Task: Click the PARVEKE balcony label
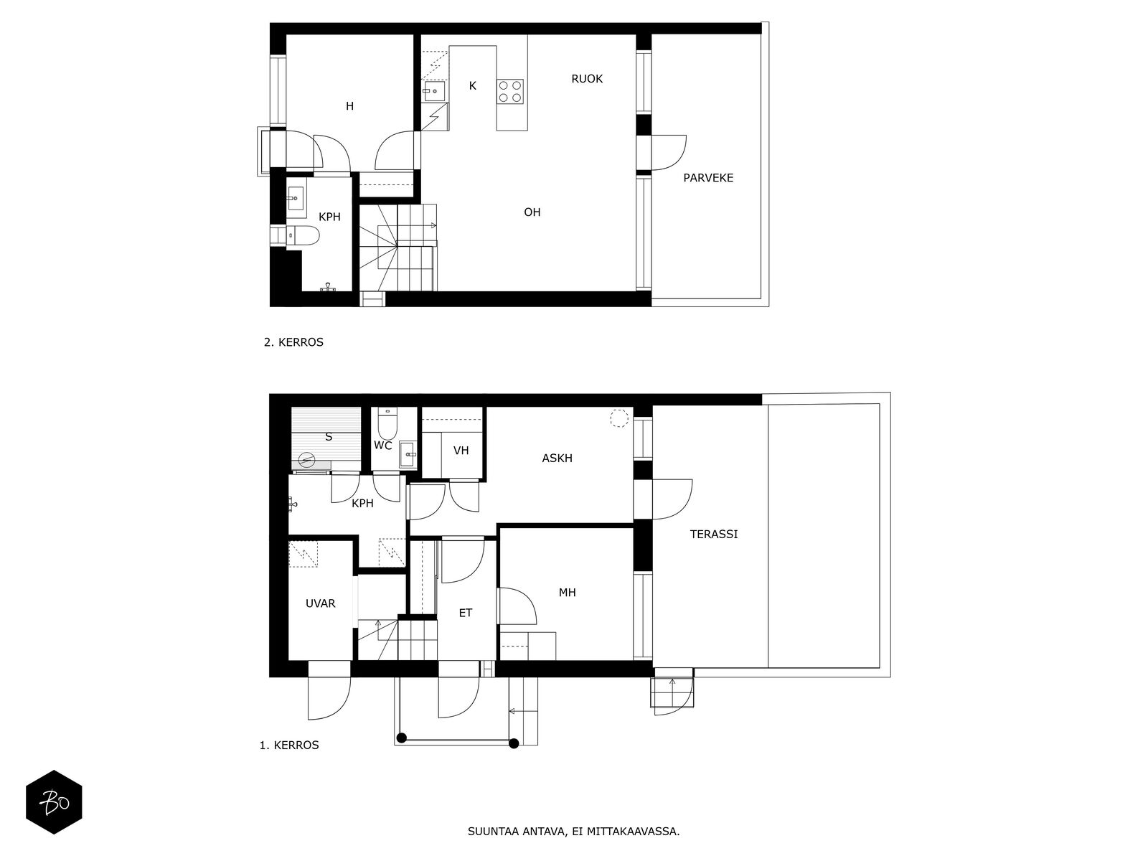[707, 178]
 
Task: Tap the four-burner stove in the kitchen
[509, 91]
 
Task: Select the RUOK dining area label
[586, 79]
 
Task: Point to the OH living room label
[532, 212]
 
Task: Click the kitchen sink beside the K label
[433, 91]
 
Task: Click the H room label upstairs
[349, 107]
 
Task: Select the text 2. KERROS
[293, 342]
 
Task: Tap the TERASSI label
[713, 535]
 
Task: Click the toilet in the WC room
[387, 423]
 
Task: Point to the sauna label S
[329, 437]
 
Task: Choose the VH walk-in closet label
[461, 451]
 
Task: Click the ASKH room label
[557, 458]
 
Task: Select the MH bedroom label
[567, 593]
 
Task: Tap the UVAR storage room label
[320, 604]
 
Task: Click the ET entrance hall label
[466, 613]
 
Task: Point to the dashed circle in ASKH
[619, 418]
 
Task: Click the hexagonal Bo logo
[54, 802]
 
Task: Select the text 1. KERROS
[289, 745]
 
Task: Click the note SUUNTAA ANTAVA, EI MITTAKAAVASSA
[574, 832]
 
